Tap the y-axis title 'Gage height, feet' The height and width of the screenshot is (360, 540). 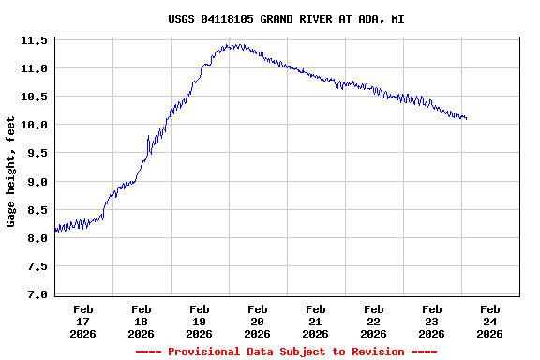[x=11, y=172]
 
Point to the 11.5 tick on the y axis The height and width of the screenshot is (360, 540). [x=35, y=41]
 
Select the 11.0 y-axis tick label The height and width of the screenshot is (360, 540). [x=35, y=69]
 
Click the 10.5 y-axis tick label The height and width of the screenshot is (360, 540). [x=35, y=97]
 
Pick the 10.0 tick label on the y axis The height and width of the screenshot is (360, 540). [x=35, y=126]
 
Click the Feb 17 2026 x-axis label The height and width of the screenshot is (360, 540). [x=83, y=321]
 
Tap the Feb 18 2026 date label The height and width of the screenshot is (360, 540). [x=142, y=321]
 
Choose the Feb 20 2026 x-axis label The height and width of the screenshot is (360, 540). [x=258, y=321]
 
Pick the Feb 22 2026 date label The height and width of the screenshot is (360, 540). [x=374, y=321]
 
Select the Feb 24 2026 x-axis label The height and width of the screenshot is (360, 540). [x=490, y=321]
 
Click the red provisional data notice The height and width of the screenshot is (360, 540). [x=286, y=352]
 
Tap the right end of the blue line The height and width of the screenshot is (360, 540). [x=466, y=119]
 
